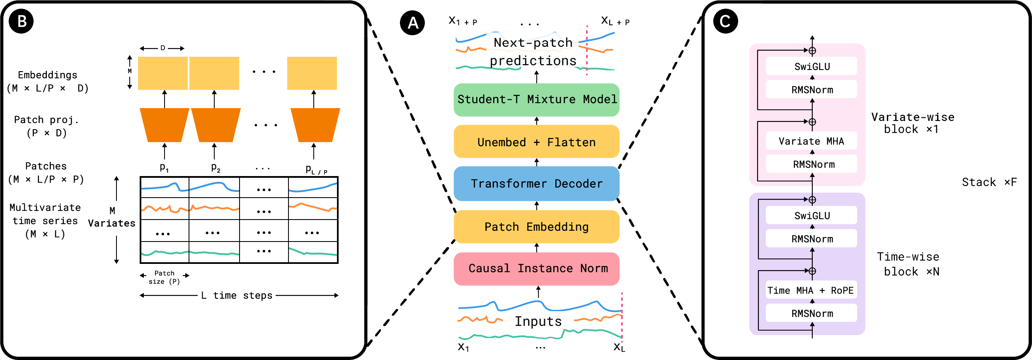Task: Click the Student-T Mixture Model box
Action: (536, 99)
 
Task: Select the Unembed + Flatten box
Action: (536, 142)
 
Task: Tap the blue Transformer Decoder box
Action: (536, 184)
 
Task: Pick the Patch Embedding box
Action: (536, 227)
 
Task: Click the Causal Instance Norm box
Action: (536, 268)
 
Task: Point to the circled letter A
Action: (412, 23)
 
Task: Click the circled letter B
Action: (21, 21)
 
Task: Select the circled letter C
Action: (725, 21)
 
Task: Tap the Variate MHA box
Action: (811, 141)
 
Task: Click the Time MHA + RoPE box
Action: (811, 290)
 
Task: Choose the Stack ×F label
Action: (989, 182)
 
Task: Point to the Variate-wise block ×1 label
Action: (912, 123)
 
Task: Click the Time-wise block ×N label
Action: (908, 264)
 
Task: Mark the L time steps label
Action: (237, 295)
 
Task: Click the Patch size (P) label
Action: (164, 277)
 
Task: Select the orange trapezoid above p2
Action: (216, 125)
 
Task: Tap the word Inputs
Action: (538, 321)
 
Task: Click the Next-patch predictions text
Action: (533, 52)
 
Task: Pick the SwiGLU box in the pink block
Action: (811, 66)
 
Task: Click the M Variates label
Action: (111, 217)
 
